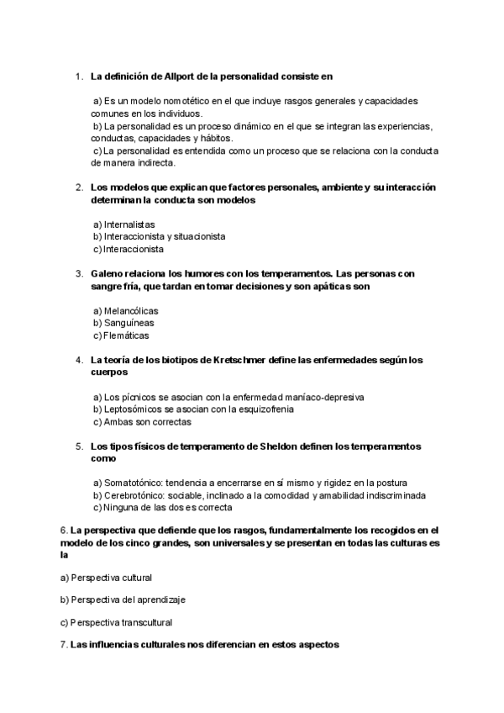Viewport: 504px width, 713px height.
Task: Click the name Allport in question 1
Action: (x=188, y=77)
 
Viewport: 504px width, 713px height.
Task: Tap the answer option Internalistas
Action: (x=123, y=225)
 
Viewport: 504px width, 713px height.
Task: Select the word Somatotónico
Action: (x=132, y=483)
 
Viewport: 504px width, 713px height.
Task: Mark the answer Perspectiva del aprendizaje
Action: (x=122, y=599)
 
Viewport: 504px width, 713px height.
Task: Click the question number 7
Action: (x=64, y=645)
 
